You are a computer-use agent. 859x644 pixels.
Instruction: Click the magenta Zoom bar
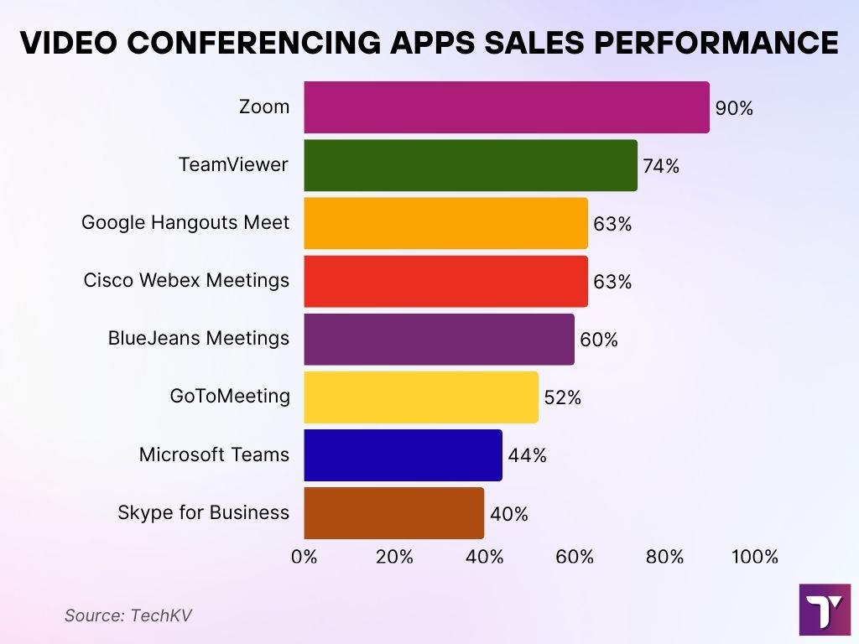506,107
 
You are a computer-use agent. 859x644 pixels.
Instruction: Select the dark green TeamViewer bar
470,165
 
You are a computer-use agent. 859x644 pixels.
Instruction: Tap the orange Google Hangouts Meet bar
445,223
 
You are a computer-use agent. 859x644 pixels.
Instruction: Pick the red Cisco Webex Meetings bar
445,281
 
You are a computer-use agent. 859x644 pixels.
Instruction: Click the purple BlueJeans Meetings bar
439,339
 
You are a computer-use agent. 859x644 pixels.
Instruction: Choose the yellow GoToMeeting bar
420,397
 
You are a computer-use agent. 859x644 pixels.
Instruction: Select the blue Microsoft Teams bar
403,454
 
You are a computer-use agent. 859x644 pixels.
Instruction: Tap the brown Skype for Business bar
393,512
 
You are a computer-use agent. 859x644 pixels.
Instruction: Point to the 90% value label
735,108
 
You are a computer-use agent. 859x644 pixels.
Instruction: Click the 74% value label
661,166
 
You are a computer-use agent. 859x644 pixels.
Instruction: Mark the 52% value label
563,397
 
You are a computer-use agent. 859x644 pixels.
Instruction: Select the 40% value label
509,514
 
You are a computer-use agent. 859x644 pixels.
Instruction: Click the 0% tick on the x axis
304,557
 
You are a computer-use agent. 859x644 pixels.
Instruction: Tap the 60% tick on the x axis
575,557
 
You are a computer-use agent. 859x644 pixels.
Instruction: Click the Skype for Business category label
204,512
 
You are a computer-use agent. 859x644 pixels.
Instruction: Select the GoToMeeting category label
230,396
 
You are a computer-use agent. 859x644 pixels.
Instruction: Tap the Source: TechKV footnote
128,615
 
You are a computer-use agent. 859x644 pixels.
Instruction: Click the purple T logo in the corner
825,610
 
